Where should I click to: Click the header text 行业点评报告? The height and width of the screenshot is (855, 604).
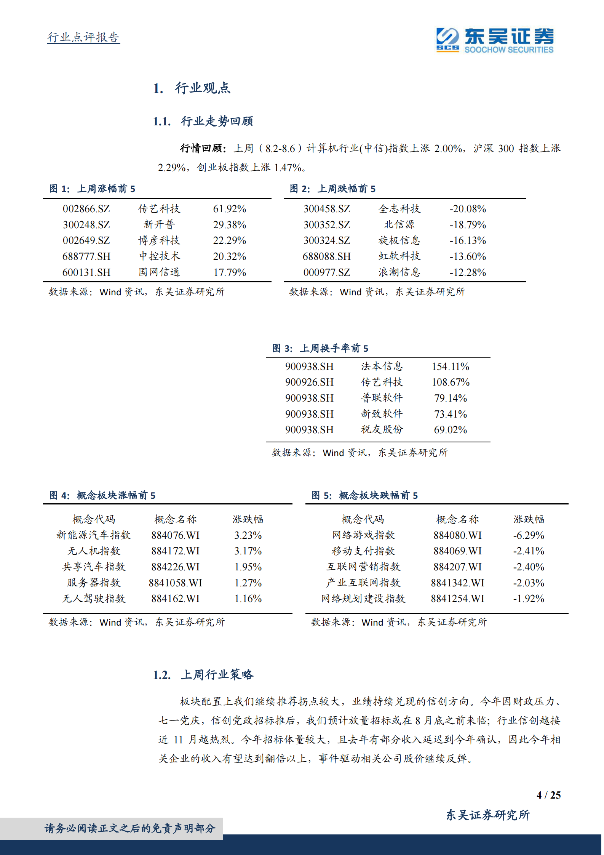(x=83, y=37)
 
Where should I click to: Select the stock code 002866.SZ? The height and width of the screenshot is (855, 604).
(x=86, y=209)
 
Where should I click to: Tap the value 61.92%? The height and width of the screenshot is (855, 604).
(x=229, y=209)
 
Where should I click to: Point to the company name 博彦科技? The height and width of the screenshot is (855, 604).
(x=159, y=240)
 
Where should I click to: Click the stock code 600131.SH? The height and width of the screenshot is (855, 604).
(x=86, y=272)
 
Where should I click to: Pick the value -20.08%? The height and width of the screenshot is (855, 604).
(x=467, y=209)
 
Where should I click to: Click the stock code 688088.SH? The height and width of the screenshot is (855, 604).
(x=326, y=256)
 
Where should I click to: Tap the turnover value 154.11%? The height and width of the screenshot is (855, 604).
(x=450, y=367)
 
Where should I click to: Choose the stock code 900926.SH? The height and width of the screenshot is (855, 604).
(x=309, y=382)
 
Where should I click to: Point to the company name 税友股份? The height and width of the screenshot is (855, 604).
(x=381, y=430)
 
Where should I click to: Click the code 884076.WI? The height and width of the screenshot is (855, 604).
(x=175, y=535)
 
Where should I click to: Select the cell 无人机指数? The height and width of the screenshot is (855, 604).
(x=94, y=551)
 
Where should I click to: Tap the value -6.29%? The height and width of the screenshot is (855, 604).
(x=528, y=535)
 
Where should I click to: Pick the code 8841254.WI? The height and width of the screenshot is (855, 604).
(x=457, y=599)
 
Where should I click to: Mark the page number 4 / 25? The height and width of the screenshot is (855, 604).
(x=548, y=795)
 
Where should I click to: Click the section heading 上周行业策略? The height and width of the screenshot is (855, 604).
(x=217, y=675)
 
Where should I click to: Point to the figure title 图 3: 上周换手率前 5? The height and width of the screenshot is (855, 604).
(x=320, y=348)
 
